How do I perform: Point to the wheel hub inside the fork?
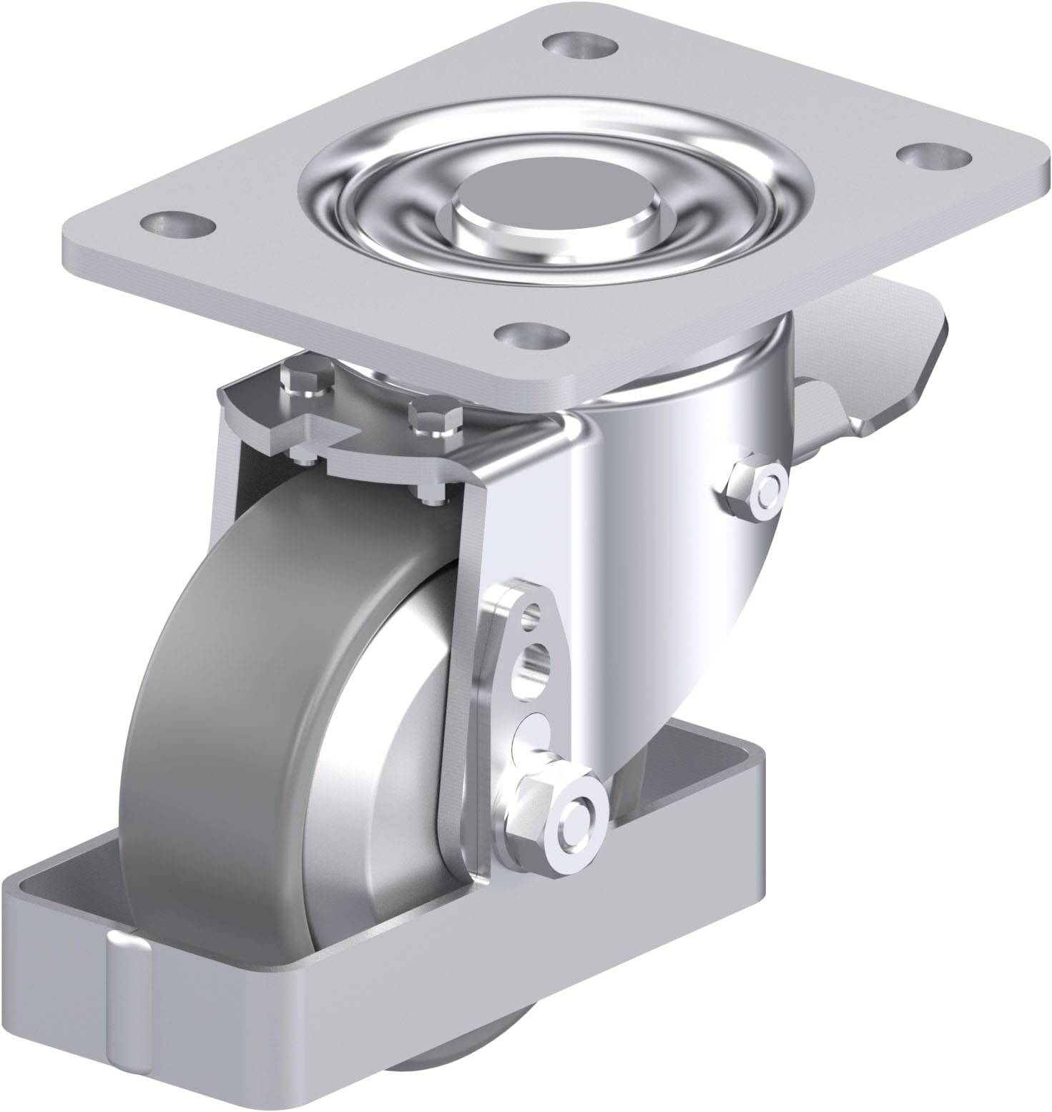[400, 751]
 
